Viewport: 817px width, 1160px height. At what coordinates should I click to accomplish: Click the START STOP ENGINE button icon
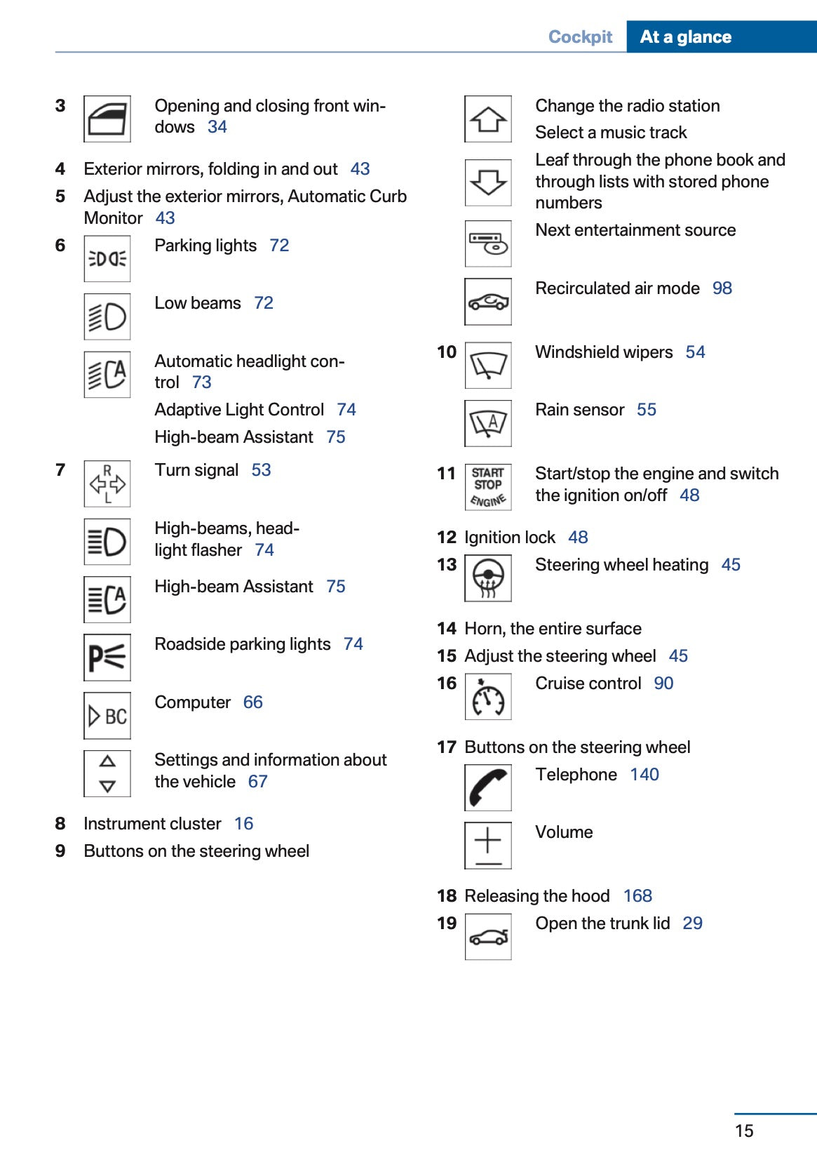pyautogui.click(x=487, y=486)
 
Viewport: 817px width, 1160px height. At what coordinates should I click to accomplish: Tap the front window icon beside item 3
pyautogui.click(x=107, y=119)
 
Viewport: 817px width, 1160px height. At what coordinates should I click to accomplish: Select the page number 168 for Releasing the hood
pyautogui.click(x=637, y=896)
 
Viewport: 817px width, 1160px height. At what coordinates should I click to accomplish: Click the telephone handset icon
pyautogui.click(x=487, y=787)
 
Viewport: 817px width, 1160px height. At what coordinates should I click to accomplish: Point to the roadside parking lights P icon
pyautogui.click(x=107, y=658)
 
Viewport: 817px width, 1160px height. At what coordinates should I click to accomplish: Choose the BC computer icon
pyautogui.click(x=107, y=716)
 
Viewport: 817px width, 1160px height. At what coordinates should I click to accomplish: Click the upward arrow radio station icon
pyautogui.click(x=487, y=119)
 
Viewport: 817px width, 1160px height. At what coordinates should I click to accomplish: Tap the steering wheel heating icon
pyautogui.click(x=487, y=578)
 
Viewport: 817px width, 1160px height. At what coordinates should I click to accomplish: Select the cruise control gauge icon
pyautogui.click(x=487, y=697)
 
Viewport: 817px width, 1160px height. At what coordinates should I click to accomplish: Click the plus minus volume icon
pyautogui.click(x=487, y=846)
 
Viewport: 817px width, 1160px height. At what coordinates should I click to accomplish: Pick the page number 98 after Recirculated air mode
pyautogui.click(x=722, y=288)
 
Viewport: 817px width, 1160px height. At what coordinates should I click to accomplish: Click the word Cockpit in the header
pyautogui.click(x=580, y=36)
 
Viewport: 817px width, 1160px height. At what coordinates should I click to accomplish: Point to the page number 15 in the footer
pyautogui.click(x=744, y=1131)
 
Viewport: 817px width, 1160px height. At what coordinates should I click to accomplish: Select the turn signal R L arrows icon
pyautogui.click(x=107, y=484)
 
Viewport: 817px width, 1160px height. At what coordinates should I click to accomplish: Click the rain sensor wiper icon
pyautogui.click(x=487, y=423)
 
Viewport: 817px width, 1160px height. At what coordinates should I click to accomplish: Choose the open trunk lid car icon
pyautogui.click(x=487, y=937)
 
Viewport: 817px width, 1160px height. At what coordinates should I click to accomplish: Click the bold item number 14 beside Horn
pyautogui.click(x=446, y=629)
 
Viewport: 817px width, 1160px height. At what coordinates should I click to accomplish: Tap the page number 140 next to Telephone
pyautogui.click(x=644, y=775)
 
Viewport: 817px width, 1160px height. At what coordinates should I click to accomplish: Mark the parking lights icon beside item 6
pyautogui.click(x=107, y=259)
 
